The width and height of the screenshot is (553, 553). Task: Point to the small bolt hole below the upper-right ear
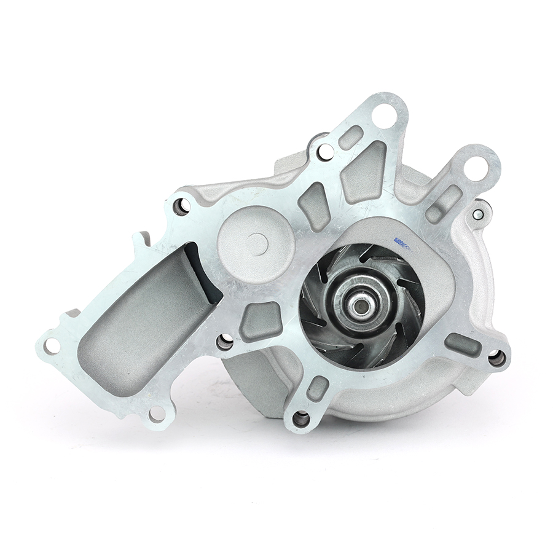click(478, 214)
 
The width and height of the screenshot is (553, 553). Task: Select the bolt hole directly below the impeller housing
click(301, 419)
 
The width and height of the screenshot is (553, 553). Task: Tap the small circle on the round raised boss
click(257, 244)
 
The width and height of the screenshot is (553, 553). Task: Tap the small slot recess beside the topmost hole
click(351, 137)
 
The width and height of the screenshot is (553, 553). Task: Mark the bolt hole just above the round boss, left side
click(181, 206)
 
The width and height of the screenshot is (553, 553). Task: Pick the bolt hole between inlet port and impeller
click(226, 342)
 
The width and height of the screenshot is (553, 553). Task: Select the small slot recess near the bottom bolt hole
click(318, 388)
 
